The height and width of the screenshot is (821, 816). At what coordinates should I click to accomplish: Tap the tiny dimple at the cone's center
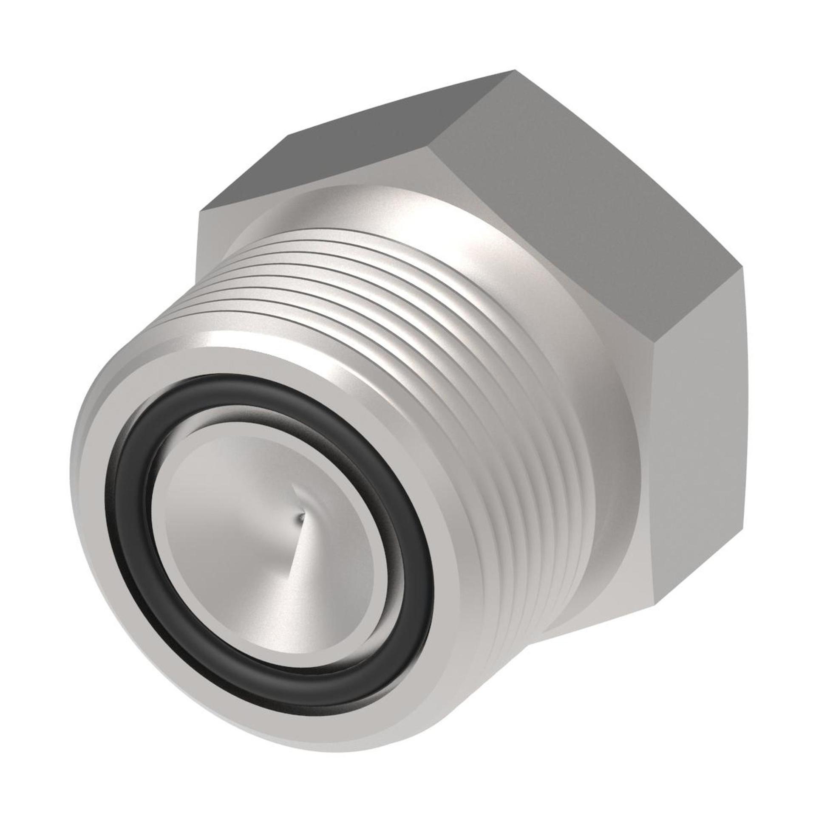point(301,517)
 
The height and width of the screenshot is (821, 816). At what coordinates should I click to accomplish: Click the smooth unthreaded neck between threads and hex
point(595,382)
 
